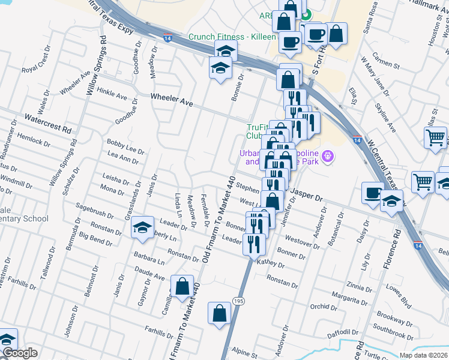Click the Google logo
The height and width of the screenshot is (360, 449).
[x=20, y=353]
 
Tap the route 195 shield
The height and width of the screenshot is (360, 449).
[x=238, y=301]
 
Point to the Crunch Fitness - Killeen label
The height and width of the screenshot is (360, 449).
[x=232, y=37]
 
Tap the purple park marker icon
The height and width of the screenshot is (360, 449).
[x=327, y=157]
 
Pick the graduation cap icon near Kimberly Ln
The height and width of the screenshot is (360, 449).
[x=142, y=227]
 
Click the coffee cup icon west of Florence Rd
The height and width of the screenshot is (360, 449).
[x=373, y=193]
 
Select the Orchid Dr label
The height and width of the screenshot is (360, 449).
[x=324, y=307]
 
